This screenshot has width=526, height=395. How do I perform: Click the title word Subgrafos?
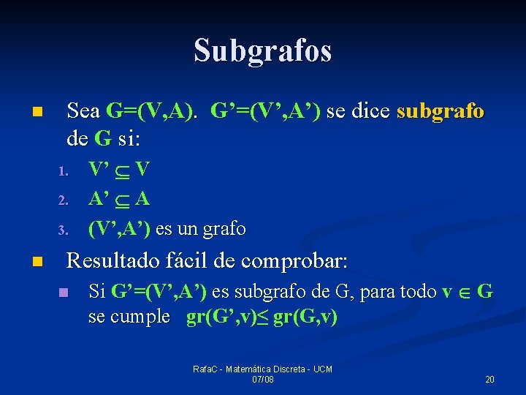click(263, 50)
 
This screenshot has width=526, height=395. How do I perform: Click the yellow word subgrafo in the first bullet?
click(440, 111)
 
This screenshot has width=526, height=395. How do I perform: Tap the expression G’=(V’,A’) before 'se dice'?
click(265, 111)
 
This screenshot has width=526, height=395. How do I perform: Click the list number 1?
click(63, 173)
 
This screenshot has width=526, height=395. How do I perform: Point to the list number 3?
click(63, 231)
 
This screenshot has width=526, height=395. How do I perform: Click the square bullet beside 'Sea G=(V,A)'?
click(37, 113)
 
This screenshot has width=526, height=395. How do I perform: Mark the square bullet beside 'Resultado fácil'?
click(37, 262)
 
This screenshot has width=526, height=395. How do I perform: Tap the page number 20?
click(489, 380)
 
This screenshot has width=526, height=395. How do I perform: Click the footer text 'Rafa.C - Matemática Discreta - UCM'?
click(262, 369)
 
